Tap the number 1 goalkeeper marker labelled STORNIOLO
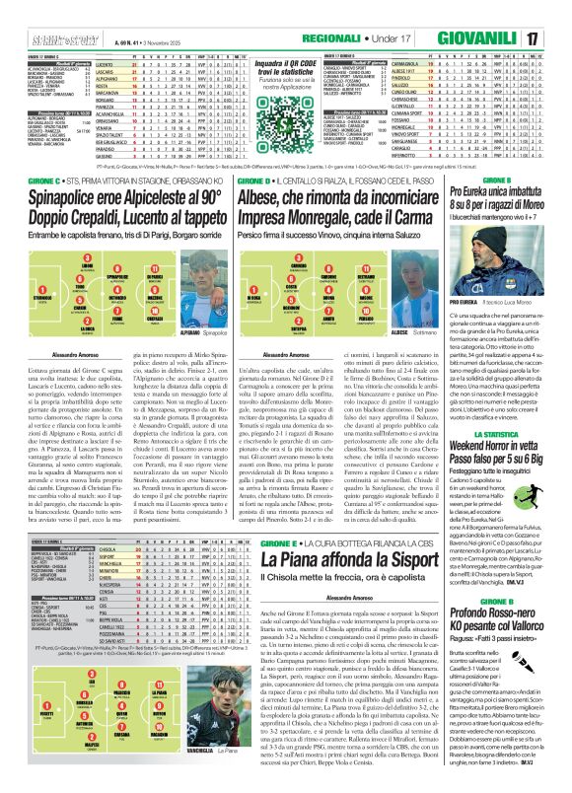point(17,301)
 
